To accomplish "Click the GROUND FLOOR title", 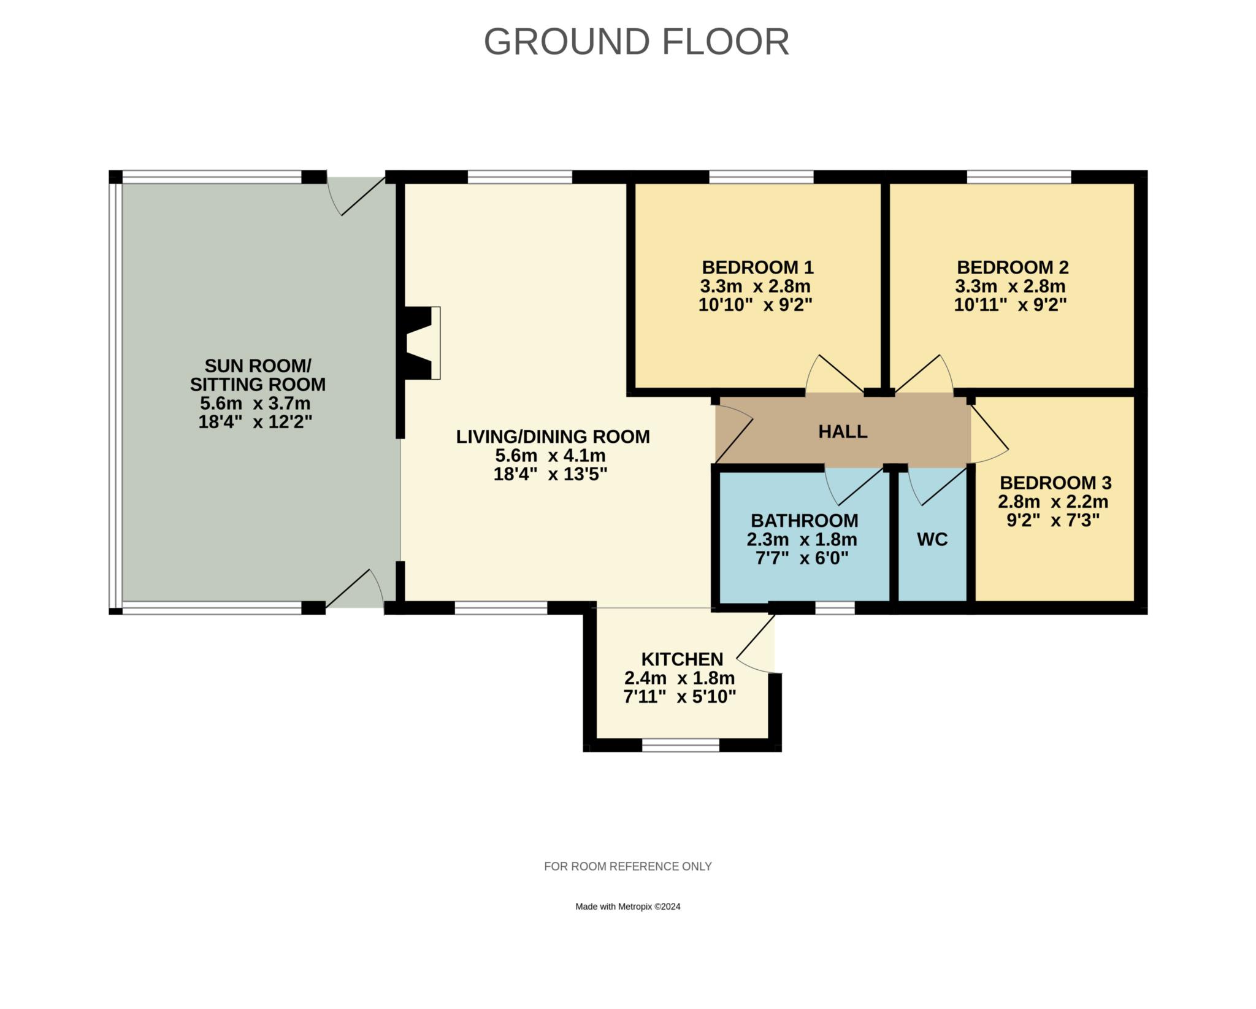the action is [x=636, y=42].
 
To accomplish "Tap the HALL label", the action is [x=843, y=431].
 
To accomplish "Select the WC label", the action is [x=932, y=539].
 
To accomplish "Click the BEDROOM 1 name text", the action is [x=757, y=267].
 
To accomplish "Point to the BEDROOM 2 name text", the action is [x=1013, y=267].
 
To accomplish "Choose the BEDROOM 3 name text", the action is [x=1055, y=483].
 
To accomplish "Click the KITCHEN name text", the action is [x=682, y=659].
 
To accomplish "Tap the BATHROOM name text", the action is [x=804, y=520].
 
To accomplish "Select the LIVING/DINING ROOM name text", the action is [x=553, y=437].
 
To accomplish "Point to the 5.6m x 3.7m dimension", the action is [x=255, y=404].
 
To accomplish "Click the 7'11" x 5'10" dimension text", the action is [x=680, y=697].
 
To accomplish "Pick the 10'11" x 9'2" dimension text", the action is [x=1010, y=305].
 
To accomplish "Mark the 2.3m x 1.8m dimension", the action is [x=802, y=540].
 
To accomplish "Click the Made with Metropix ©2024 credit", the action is [x=627, y=907].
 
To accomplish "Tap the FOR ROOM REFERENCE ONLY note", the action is [x=627, y=866].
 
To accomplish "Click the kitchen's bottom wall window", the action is [x=680, y=745].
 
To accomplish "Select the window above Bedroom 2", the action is [x=1019, y=177].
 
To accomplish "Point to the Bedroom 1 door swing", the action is [x=835, y=374].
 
